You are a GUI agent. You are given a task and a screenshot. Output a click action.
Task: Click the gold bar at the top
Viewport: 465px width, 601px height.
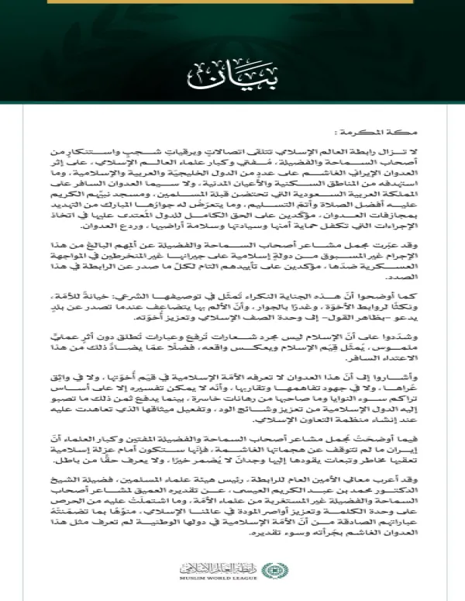point(232,3)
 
